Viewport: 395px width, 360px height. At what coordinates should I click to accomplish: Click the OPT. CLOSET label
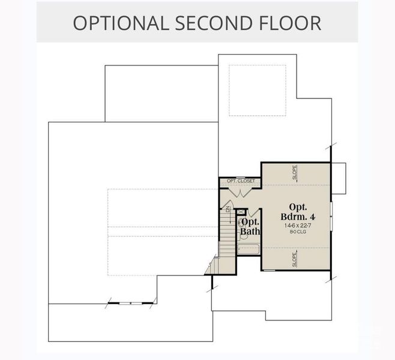pos(241,181)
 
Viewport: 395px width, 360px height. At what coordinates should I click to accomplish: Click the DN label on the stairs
pos(228,209)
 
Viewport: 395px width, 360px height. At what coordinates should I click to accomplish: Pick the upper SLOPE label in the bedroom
pos(295,173)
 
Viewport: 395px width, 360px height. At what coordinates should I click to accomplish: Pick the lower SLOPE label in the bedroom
pos(295,259)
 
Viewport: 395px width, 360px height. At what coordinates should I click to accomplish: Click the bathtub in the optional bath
pos(248,250)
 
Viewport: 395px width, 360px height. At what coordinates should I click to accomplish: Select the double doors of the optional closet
pos(241,191)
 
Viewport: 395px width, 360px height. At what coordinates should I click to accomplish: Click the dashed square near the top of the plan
pos(258,90)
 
